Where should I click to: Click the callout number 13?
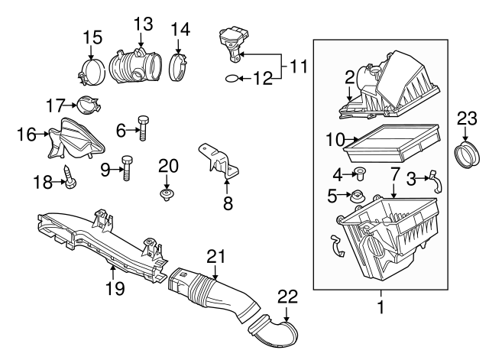click(144, 24)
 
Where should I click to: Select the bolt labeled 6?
click(143, 128)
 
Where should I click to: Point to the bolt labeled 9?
click(126, 168)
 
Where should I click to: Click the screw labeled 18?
click(70, 177)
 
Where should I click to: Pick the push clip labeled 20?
click(167, 194)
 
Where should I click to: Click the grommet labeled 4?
click(361, 174)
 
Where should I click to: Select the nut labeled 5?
click(357, 197)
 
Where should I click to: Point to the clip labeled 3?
click(436, 182)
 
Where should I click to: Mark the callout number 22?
click(287, 297)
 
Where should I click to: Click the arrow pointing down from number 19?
click(113, 272)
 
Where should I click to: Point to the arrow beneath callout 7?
click(394, 190)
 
